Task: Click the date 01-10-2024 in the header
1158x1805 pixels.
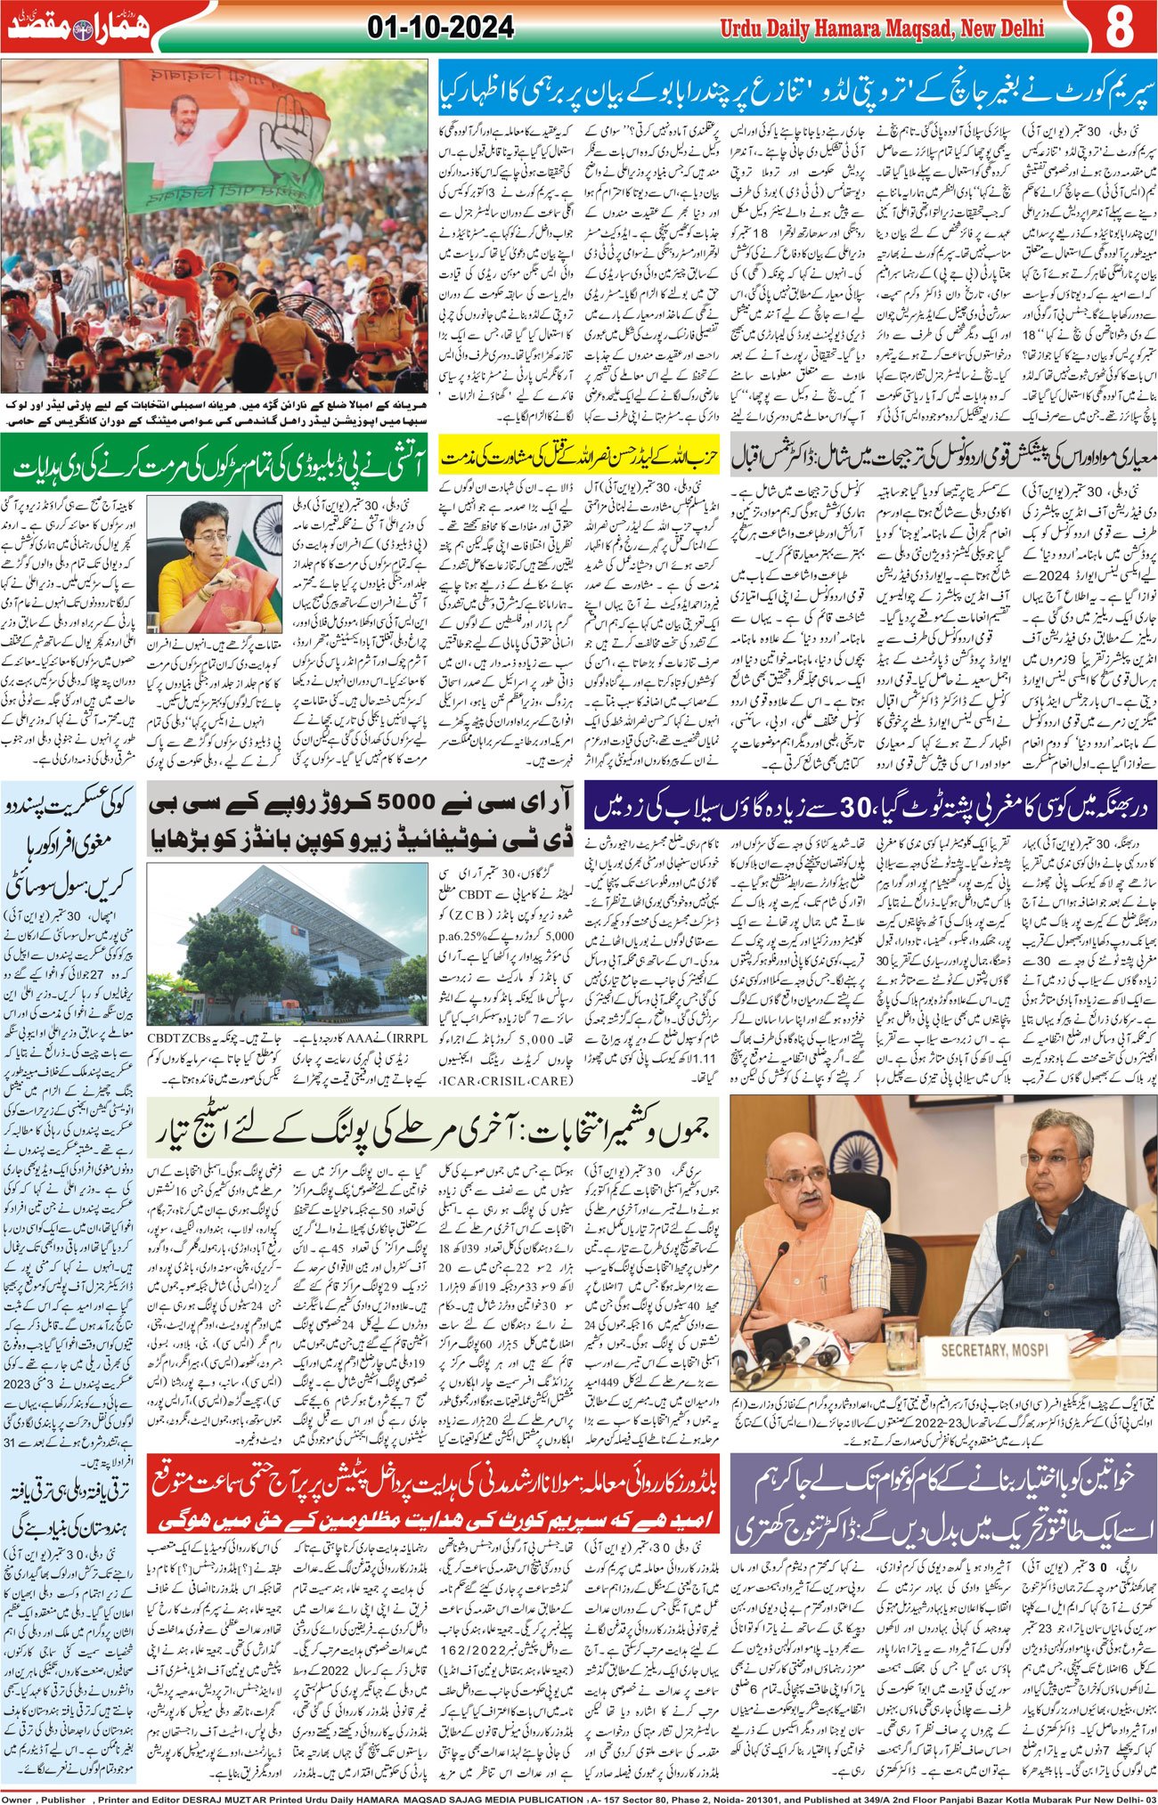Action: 440,28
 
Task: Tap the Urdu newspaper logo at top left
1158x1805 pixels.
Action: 80,27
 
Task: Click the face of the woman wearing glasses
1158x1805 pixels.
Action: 202,530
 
